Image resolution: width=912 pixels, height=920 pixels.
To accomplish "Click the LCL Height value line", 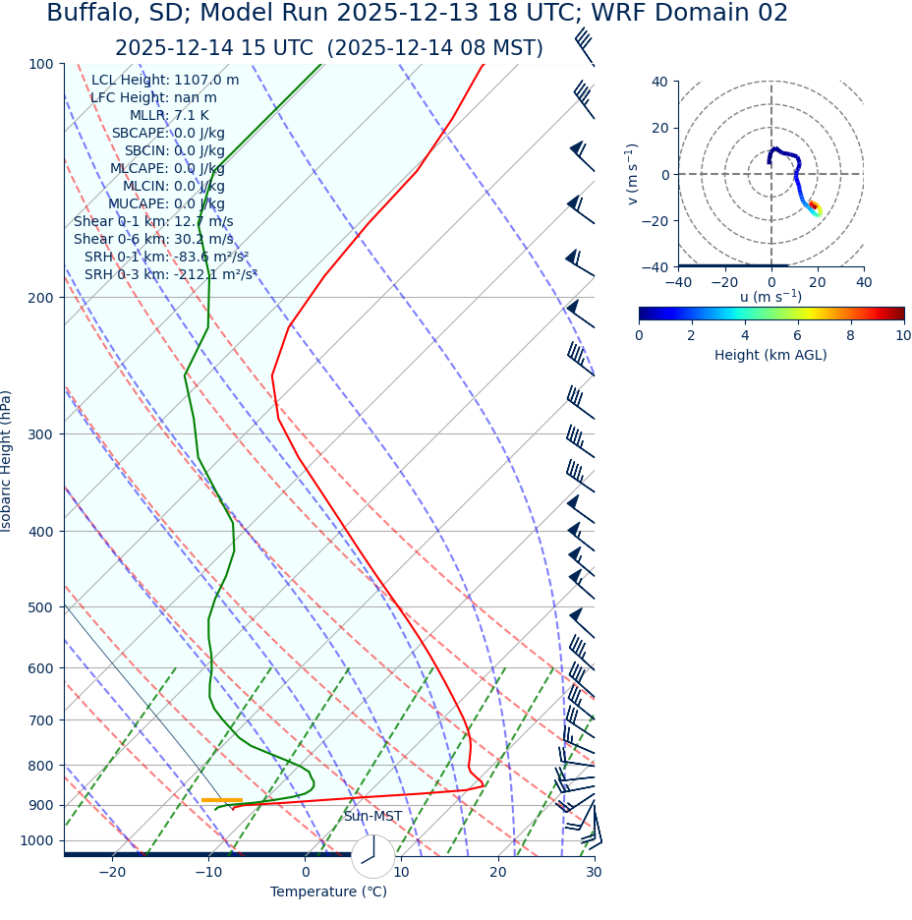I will [x=165, y=80].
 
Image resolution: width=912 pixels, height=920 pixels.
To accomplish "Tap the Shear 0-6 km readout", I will [x=153, y=239].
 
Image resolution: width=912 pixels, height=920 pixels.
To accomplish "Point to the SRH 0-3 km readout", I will [x=170, y=274].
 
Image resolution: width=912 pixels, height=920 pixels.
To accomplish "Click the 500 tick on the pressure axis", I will [x=41, y=607].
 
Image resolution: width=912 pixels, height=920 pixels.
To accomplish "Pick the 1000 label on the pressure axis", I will [x=36, y=840].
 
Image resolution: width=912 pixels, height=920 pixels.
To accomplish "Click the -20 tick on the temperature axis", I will [x=112, y=872].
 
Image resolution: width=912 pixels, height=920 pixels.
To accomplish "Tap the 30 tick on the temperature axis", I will [x=594, y=872].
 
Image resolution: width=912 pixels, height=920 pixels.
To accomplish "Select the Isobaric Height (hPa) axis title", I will [x=7, y=461].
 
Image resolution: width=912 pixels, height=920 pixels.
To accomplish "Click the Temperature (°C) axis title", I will [x=328, y=891].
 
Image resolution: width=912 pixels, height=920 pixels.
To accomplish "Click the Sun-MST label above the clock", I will [x=372, y=816].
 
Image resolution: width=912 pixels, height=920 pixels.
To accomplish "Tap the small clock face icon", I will [x=372, y=856].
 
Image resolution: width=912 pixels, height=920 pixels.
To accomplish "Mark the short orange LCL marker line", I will [x=222, y=800].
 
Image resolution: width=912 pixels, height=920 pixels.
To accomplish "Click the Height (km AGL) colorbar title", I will [x=770, y=355].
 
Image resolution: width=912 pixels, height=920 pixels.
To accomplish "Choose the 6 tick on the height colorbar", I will [x=797, y=335].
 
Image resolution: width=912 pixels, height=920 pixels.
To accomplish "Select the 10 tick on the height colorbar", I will [x=902, y=335].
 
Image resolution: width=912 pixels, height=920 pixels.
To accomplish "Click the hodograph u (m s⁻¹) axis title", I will [x=770, y=296].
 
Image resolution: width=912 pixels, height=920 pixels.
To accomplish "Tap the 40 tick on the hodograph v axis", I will [x=659, y=82].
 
